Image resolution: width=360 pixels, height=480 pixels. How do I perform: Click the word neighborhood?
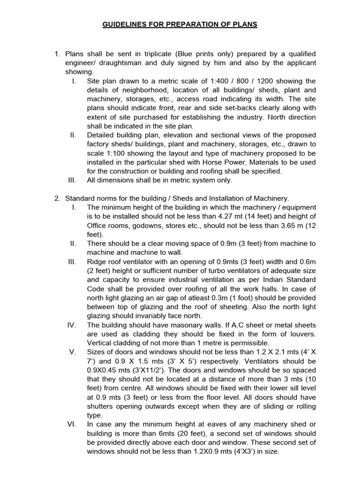[x=149, y=90]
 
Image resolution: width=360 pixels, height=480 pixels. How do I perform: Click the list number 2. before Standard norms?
[x=58, y=198]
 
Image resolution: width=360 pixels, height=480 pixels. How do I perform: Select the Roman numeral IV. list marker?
[x=72, y=325]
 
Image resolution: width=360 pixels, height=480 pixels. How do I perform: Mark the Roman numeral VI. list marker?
[x=72, y=424]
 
